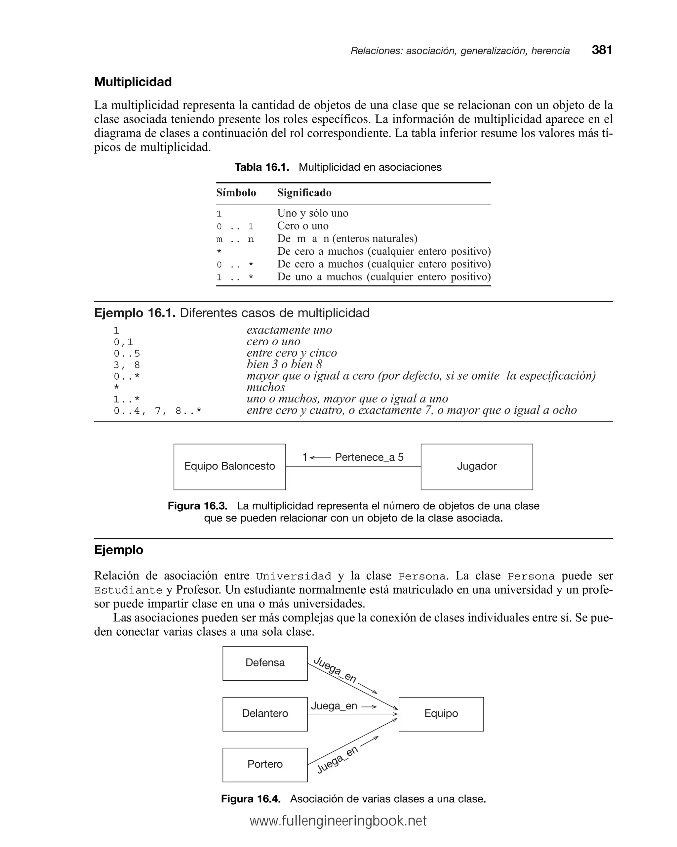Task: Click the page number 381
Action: click(x=602, y=50)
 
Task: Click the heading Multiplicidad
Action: click(x=133, y=82)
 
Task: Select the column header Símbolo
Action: click(x=236, y=192)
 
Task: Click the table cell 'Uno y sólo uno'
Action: click(x=313, y=213)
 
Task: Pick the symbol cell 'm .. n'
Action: click(x=235, y=239)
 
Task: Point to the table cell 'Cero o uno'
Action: click(x=302, y=226)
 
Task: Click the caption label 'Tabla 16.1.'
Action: click(x=261, y=167)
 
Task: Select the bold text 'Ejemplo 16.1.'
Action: click(x=134, y=313)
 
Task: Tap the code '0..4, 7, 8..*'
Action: click(x=157, y=411)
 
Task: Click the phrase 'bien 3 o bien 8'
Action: click(x=284, y=364)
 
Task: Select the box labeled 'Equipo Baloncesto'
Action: click(x=229, y=467)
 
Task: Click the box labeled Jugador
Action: click(x=476, y=467)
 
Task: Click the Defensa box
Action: click(x=265, y=663)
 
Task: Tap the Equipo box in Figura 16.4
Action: click(x=441, y=714)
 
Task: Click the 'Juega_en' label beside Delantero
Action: click(x=334, y=706)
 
